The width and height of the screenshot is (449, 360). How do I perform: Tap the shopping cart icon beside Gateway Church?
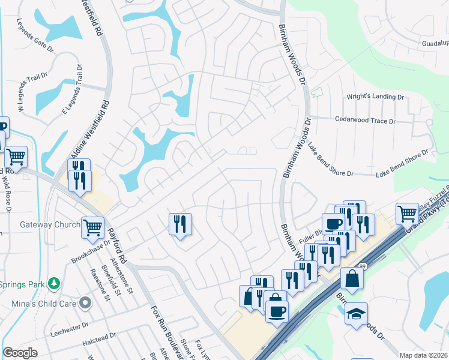[93, 227]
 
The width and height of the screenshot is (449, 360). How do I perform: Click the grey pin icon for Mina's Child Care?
[85, 302]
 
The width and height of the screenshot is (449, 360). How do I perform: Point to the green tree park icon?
[54, 282]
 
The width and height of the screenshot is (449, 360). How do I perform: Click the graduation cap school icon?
[356, 313]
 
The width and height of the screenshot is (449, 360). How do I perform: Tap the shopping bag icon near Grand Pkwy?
[352, 278]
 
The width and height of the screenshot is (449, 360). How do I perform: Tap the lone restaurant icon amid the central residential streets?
[180, 224]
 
